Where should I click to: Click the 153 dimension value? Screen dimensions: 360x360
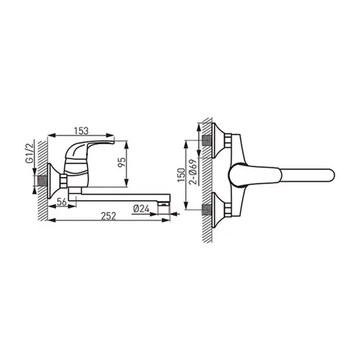(81, 131)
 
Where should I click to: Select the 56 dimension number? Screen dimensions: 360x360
(62, 202)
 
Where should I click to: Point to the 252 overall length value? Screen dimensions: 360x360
(108, 216)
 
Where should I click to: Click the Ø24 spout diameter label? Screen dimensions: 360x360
(141, 209)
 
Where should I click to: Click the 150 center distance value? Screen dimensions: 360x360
(181, 175)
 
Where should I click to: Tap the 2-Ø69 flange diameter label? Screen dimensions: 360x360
(193, 172)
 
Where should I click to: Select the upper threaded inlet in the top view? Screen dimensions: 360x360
(207, 140)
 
